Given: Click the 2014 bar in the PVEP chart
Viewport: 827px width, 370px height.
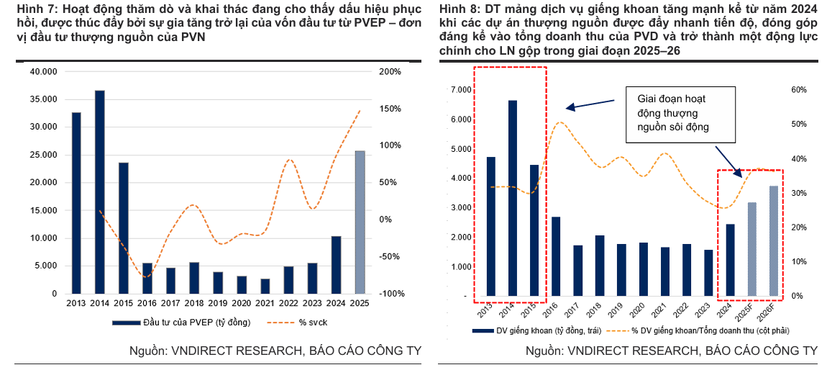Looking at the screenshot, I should [99, 191].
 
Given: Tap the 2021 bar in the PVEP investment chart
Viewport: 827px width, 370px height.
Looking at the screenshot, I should [265, 286].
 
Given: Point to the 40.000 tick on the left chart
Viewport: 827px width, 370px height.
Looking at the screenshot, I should [45, 72].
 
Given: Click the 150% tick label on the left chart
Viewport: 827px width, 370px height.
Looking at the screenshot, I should [390, 109].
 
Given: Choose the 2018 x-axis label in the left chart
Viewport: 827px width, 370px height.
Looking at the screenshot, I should [194, 304].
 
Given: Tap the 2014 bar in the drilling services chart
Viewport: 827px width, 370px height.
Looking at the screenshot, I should [513, 198].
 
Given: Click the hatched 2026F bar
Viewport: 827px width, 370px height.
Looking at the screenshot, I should [773, 240].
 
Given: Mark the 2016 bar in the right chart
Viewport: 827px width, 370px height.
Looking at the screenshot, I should [556, 256].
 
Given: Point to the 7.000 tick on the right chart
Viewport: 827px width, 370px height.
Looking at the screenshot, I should [462, 89].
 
